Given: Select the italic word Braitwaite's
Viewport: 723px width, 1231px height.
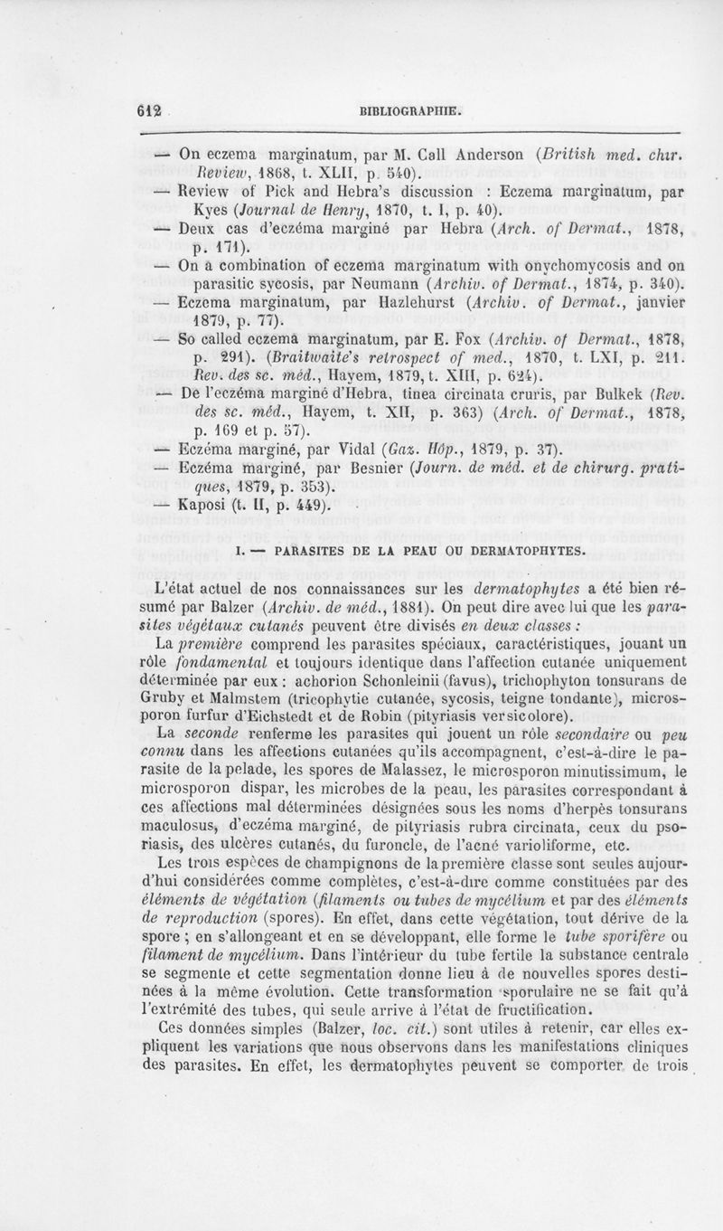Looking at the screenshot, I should click(x=289, y=363).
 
